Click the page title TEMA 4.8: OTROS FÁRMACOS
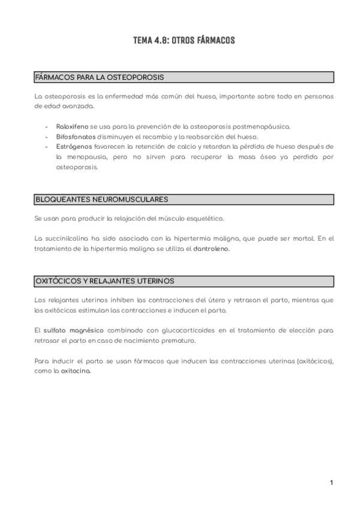pyautogui.click(x=184, y=41)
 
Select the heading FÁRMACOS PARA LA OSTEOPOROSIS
pyautogui.click(x=100, y=77)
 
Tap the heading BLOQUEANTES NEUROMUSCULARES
pyautogui.click(x=102, y=199)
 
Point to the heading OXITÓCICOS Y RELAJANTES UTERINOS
pyautogui.click(x=113, y=280)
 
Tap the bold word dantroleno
pyautogui.click(x=212, y=248)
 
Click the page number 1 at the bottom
pyautogui.click(x=331, y=483)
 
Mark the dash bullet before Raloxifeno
pyautogui.click(x=47, y=127)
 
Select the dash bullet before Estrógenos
pyautogui.click(x=47, y=146)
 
